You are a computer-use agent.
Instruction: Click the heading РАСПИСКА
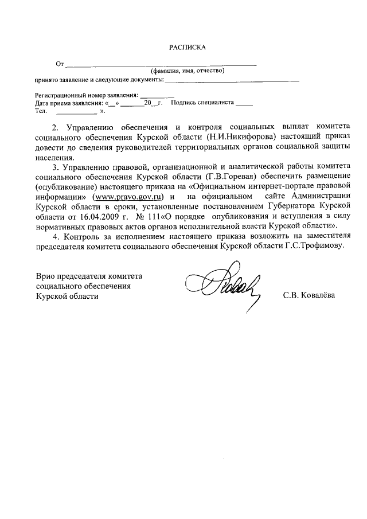click(187, 48)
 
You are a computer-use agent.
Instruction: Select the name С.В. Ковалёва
click(309, 296)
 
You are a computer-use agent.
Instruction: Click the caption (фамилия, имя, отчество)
click(187, 71)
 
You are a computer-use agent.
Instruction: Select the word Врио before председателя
click(46, 276)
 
